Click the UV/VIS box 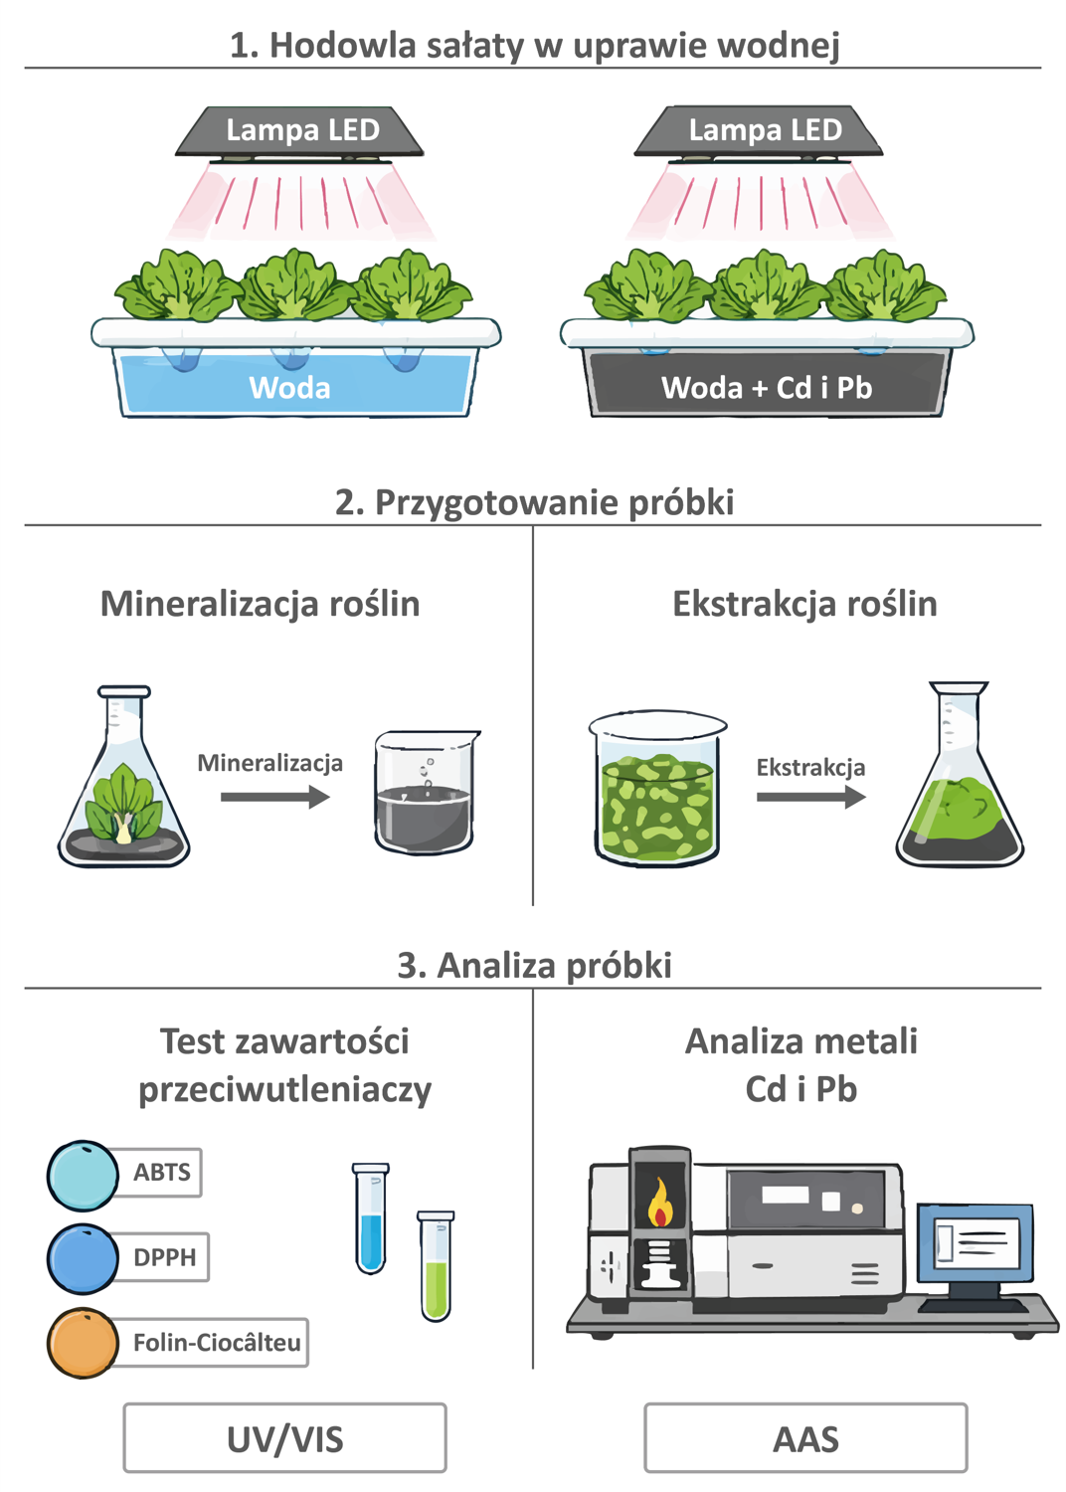click(x=284, y=1437)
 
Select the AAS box click(x=805, y=1437)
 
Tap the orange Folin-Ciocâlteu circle click(x=83, y=1342)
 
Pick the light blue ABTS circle click(x=83, y=1176)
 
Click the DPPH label click(x=164, y=1257)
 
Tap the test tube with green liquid click(x=436, y=1265)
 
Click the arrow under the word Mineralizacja click(x=275, y=797)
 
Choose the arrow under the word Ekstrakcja click(x=811, y=797)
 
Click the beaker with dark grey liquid click(x=425, y=793)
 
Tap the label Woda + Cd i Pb click(x=767, y=388)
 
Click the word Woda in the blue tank click(x=289, y=388)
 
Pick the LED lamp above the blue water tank click(x=299, y=132)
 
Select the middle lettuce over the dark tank click(x=766, y=284)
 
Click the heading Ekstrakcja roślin click(x=804, y=604)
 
